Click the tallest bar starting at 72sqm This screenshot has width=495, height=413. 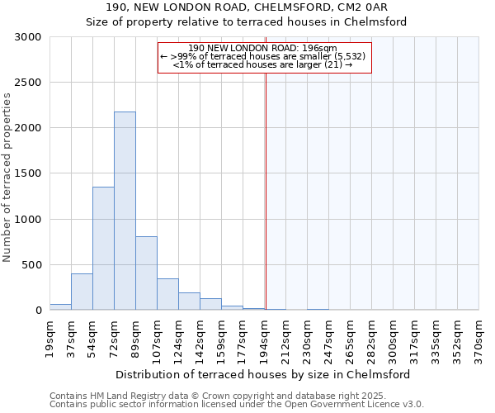pos(125,211)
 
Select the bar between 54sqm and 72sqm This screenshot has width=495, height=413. pos(103,248)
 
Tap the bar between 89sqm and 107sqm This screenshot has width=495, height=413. pos(146,273)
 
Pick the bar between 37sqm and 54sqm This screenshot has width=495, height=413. pos(82,292)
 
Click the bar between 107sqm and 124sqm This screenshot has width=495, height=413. pos(167,294)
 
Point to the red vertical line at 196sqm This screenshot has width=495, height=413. pos(266,190)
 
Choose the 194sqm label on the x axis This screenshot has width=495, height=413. pos(264,337)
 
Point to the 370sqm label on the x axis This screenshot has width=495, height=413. pos(478,337)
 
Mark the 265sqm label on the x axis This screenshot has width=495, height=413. pos(350,337)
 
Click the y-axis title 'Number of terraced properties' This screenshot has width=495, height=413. pos(7,177)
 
